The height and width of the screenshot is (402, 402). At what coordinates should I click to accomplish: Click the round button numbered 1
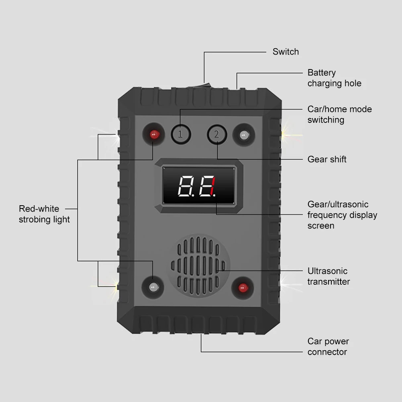pyautogui.click(x=180, y=134)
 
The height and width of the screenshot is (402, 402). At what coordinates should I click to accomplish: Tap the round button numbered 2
pyautogui.click(x=216, y=134)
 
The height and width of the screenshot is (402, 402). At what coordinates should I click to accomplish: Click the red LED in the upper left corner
pyautogui.click(x=153, y=135)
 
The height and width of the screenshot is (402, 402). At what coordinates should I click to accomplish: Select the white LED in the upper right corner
pyautogui.click(x=243, y=135)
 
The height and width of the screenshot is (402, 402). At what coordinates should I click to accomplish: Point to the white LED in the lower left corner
pyautogui.click(x=153, y=287)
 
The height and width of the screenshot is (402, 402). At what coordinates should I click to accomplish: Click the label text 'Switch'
pyautogui.click(x=286, y=52)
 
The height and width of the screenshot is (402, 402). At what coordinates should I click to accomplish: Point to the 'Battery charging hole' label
pyautogui.click(x=334, y=78)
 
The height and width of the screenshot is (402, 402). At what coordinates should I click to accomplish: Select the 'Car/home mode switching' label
pyautogui.click(x=339, y=114)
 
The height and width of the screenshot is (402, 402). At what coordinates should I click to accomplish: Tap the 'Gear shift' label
pyautogui.click(x=326, y=159)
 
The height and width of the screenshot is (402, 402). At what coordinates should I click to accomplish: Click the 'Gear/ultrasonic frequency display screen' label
pyautogui.click(x=342, y=215)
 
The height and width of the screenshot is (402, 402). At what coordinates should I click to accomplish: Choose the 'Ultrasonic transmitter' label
pyautogui.click(x=329, y=276)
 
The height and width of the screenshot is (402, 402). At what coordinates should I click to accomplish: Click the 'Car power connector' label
pyautogui.click(x=328, y=347)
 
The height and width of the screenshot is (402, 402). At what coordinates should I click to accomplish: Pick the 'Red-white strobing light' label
pyautogui.click(x=44, y=214)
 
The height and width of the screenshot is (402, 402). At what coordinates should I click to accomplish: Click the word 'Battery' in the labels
pyautogui.click(x=321, y=73)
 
